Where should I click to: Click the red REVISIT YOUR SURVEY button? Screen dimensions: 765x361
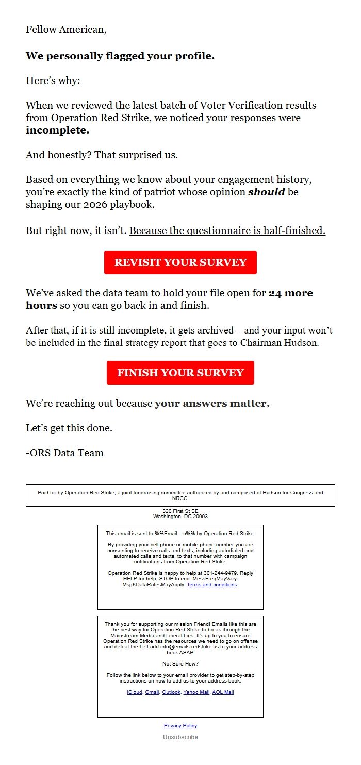point(180,262)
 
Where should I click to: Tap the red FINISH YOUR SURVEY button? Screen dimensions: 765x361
point(180,373)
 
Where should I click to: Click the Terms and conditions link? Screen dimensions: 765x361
point(212,585)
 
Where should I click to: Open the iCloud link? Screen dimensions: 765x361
point(135,692)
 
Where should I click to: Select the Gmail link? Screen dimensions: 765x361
point(152,692)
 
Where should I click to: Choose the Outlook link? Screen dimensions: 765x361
point(171,692)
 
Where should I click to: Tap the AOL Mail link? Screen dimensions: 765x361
point(223,692)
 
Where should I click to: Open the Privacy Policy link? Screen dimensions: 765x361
point(180,726)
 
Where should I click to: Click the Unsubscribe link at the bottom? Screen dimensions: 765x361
point(180,737)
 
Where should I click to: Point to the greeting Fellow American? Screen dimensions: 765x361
point(66,30)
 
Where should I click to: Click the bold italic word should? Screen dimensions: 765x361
point(266,192)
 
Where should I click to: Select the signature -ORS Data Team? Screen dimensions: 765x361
point(64,453)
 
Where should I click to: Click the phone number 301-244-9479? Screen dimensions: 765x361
point(221,573)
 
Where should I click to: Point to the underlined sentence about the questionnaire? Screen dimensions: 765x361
point(227,231)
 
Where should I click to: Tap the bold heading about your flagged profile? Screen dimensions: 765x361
point(120,56)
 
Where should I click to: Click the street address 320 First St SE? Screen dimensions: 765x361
point(180,511)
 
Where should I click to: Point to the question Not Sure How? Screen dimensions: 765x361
point(180,664)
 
